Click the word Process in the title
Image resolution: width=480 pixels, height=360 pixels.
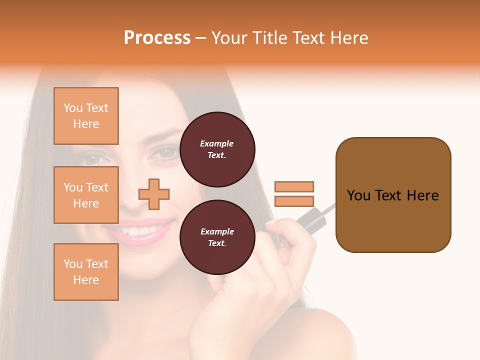[157, 38]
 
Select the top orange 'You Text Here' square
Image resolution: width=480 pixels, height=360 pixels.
[86, 116]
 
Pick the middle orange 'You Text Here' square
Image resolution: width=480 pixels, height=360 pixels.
[86, 195]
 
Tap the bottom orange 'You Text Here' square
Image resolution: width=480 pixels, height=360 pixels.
[86, 272]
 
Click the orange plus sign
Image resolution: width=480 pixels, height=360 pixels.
[154, 194]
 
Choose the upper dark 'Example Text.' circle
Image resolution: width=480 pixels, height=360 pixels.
[217, 149]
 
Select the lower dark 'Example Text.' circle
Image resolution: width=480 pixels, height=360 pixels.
[217, 237]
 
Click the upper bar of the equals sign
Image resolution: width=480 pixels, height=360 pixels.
[294, 186]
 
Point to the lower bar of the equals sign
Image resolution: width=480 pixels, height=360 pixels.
[294, 201]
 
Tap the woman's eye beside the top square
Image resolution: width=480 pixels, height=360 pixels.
[93, 158]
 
